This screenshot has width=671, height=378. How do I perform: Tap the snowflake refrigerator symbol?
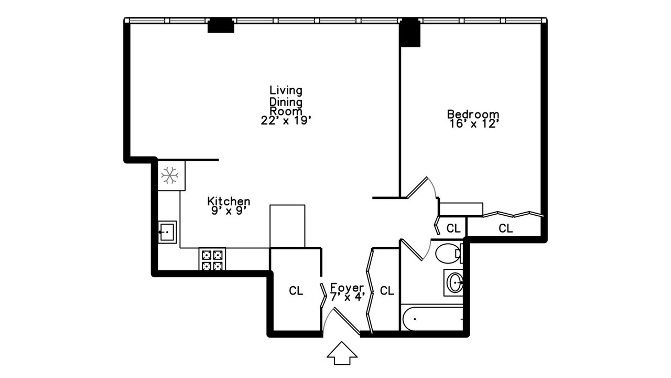170,175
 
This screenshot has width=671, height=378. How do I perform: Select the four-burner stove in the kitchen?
212,259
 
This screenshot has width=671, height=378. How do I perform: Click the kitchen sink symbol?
167,232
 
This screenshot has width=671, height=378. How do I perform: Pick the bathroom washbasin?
454,283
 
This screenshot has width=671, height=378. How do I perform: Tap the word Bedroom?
473,114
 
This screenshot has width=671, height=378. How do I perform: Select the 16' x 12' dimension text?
473,124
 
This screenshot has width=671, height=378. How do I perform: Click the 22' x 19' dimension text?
286,120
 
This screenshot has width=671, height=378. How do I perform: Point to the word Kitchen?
229,201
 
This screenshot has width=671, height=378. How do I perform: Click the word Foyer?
347,288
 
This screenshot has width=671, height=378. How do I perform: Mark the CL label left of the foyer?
296,291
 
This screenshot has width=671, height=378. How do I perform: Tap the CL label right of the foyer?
387,291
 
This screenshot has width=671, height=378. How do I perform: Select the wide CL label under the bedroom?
505,228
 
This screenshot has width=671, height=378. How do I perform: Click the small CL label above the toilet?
453,228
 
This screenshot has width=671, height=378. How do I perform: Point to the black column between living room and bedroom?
410,34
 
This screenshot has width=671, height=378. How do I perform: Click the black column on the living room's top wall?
221,25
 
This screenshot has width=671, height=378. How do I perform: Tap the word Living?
286,90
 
